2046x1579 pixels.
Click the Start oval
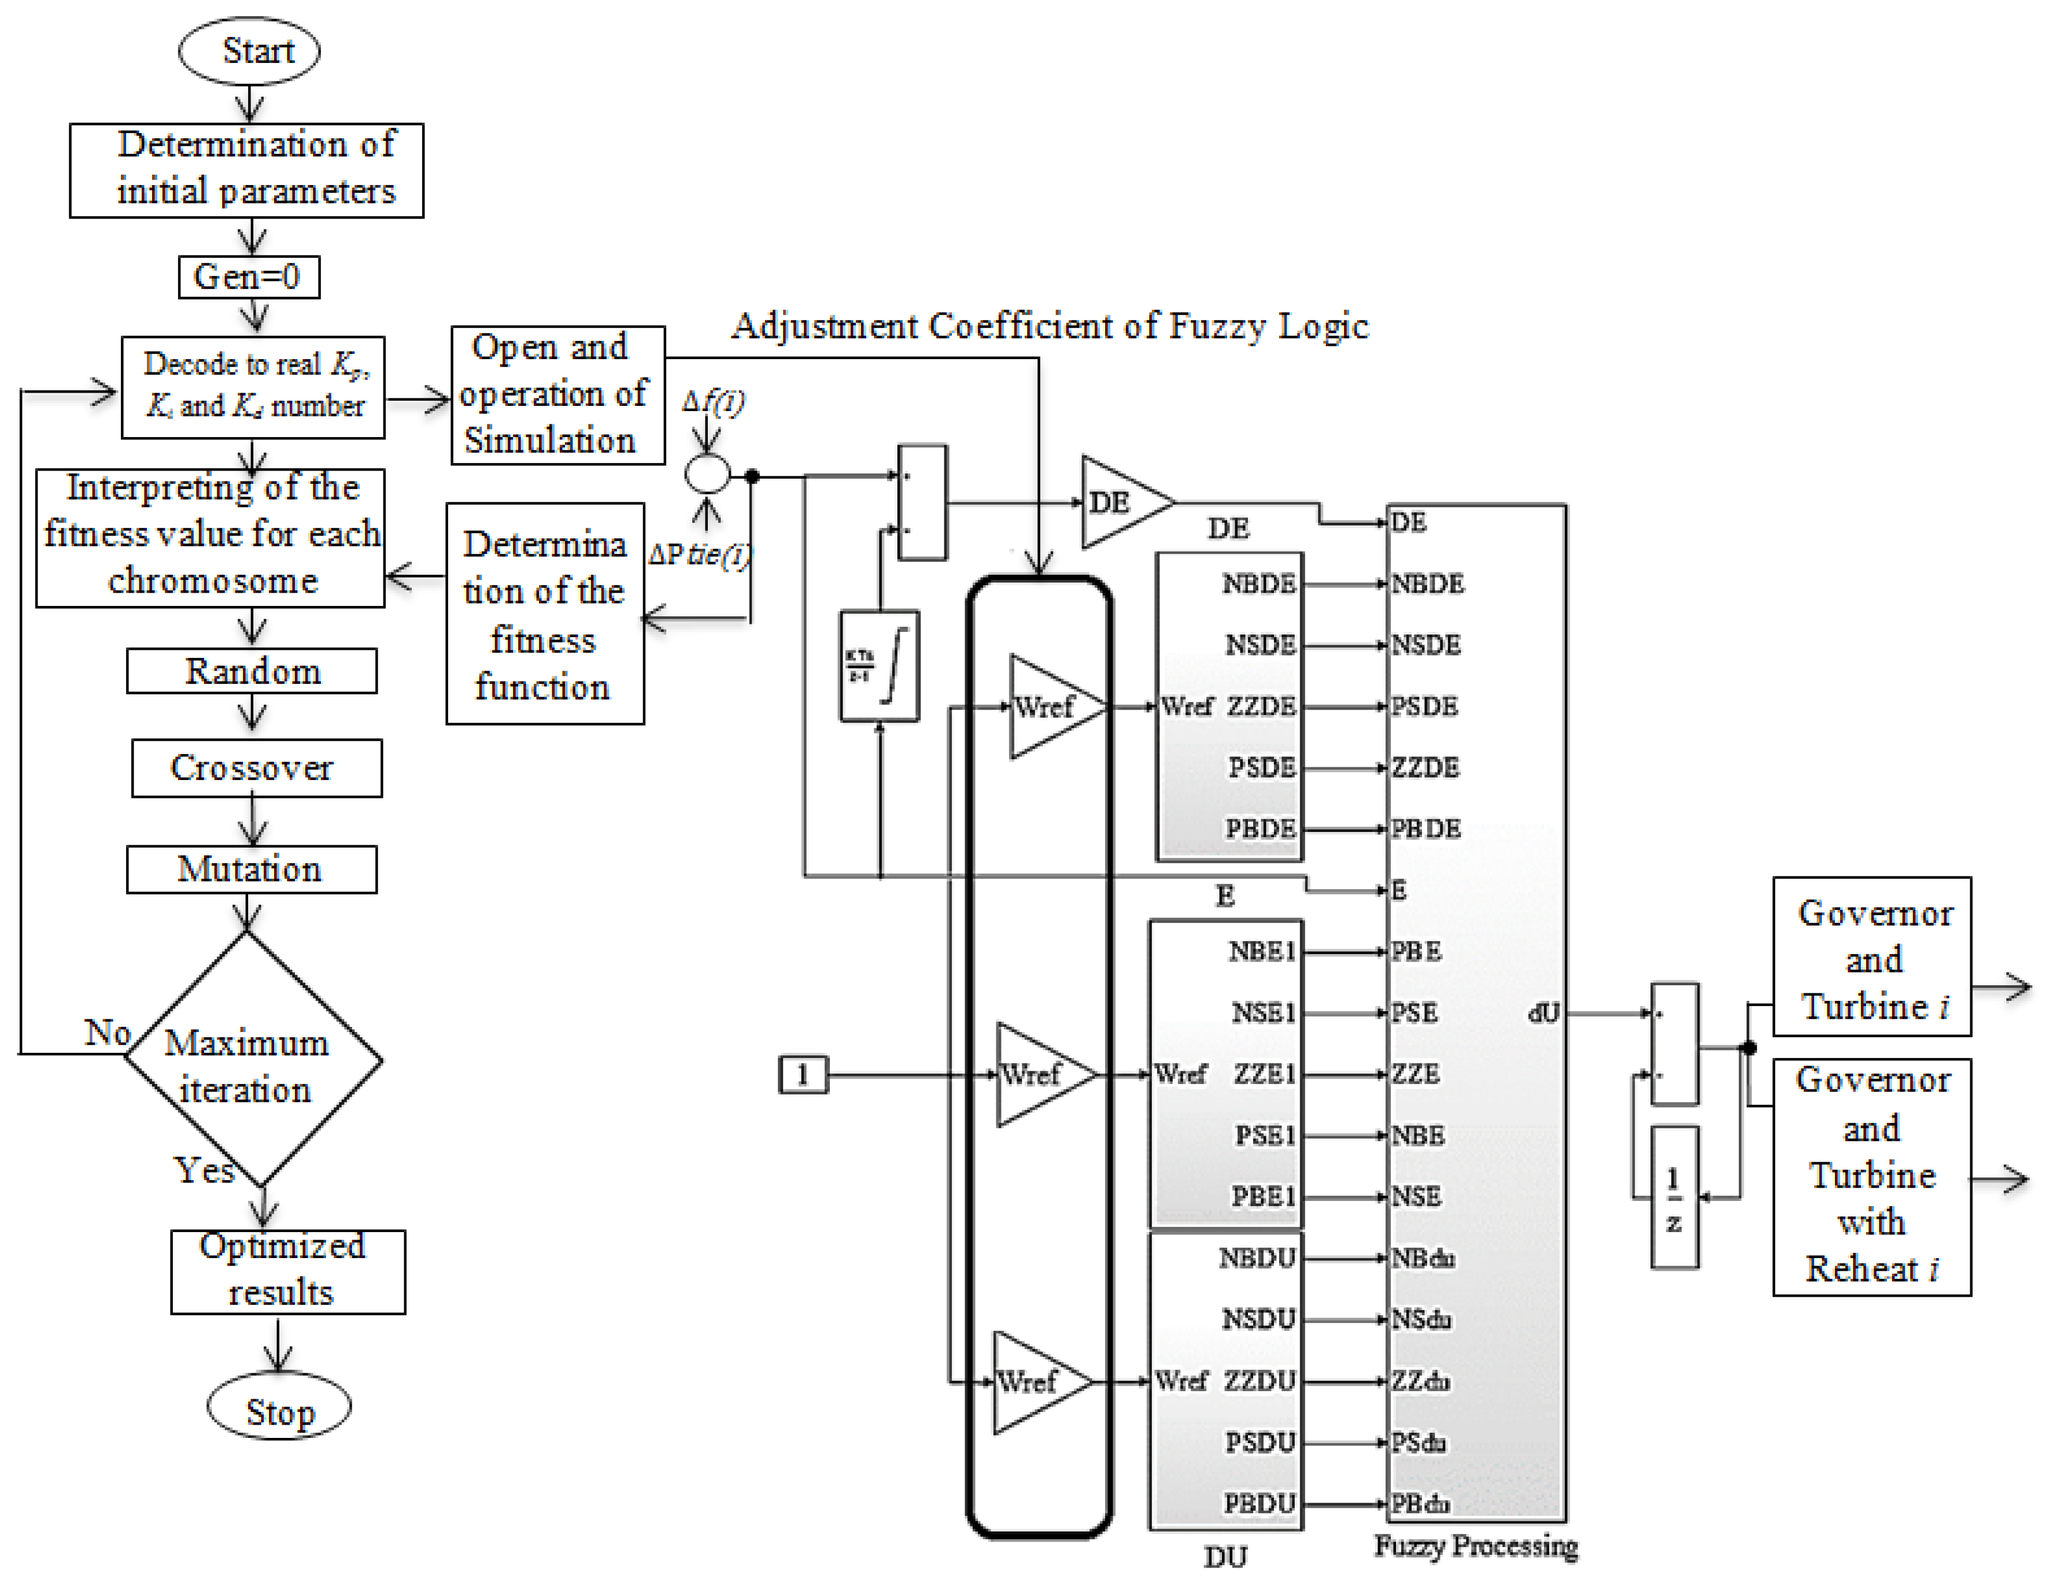pos(249,50)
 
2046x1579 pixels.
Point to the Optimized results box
pos(287,1271)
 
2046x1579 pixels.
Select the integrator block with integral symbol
pos(879,666)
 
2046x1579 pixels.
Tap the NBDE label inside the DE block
pos(1258,585)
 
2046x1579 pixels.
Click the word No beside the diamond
pos(107,1032)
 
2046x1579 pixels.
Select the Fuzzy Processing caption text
pos(1475,1545)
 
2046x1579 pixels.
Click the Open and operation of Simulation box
pos(557,394)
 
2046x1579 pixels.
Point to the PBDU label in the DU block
pos(1258,1503)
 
